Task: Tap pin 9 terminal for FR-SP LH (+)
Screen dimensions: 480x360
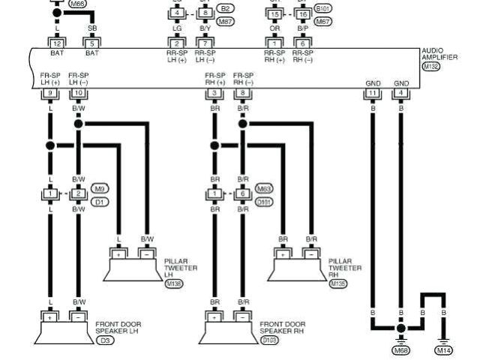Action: tap(50, 92)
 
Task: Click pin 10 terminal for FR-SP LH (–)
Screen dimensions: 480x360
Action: tap(78, 92)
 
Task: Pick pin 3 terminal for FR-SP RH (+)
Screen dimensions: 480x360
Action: tap(215, 92)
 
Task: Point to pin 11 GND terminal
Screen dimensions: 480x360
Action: tap(373, 92)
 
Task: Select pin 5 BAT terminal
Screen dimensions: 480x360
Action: tap(92, 43)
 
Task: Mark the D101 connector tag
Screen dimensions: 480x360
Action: tap(264, 201)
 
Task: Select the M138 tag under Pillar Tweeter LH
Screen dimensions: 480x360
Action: tap(173, 285)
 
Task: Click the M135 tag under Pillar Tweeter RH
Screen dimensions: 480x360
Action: tap(337, 285)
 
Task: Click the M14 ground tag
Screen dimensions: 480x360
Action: tap(444, 349)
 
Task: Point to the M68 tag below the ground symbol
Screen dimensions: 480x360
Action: tap(401, 349)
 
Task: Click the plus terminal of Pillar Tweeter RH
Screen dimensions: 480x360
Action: tap(283, 254)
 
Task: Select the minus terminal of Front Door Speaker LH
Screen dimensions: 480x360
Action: tap(78, 317)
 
